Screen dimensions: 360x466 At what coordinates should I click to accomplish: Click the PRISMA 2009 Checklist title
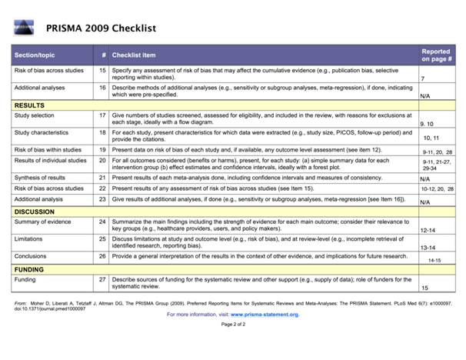click(101, 29)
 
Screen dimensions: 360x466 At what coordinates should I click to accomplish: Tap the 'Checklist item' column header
click(134, 55)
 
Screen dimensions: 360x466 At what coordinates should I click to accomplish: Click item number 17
click(102, 115)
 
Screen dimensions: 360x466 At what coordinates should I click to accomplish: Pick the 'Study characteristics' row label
click(41, 133)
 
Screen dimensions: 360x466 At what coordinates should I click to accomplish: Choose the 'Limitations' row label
click(30, 239)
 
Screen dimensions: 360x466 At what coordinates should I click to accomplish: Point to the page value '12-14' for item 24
click(428, 230)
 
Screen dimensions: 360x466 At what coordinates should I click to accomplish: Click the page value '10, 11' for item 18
click(431, 138)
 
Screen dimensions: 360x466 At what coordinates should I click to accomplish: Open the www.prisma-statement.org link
click(264, 315)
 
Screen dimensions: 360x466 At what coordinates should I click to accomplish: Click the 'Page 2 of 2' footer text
click(233, 325)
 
